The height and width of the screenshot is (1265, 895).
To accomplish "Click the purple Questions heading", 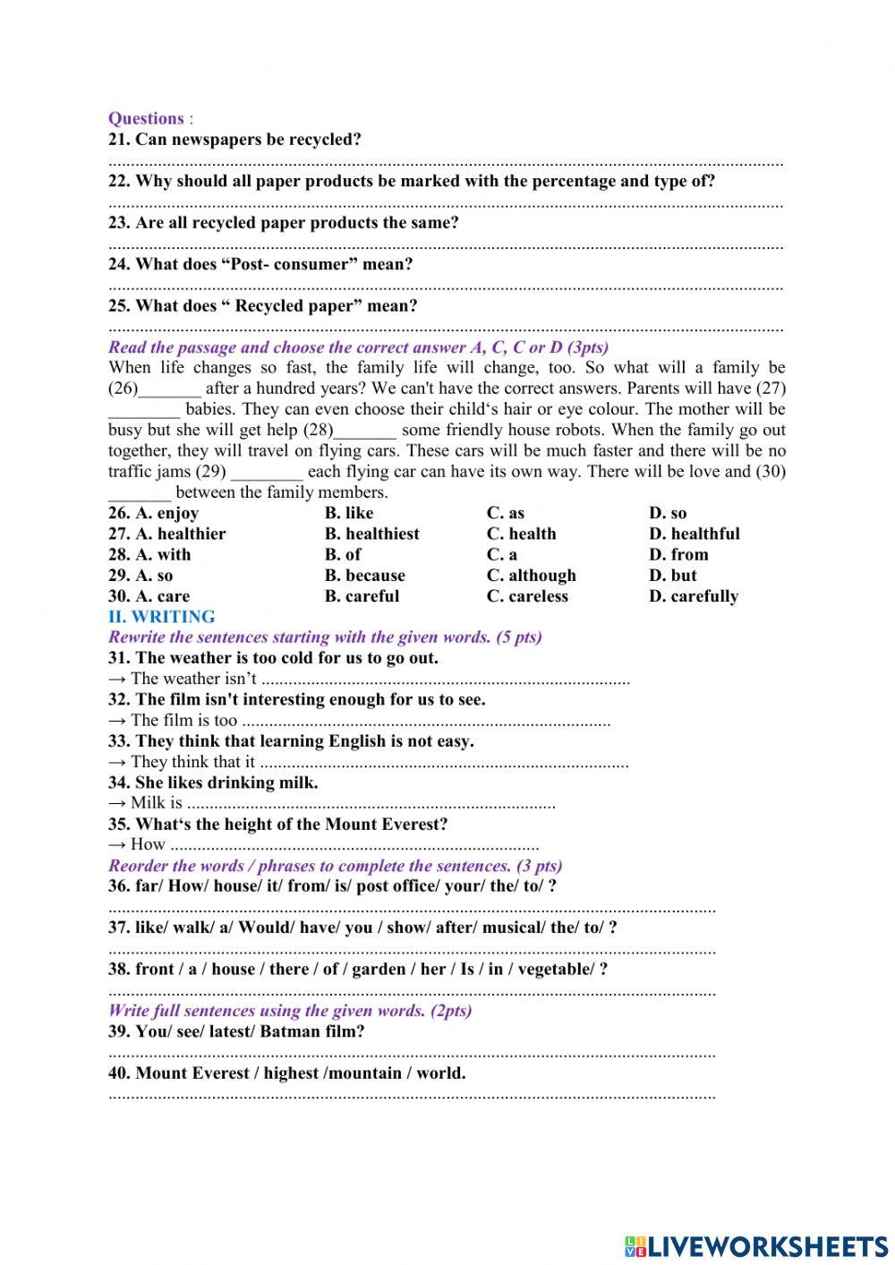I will pos(146,118).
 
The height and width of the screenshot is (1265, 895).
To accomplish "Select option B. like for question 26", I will pos(349,513).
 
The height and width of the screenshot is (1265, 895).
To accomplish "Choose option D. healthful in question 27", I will pos(694,534).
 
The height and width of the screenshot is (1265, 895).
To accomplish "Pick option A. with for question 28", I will pos(149,554).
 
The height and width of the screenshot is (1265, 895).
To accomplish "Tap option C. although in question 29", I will pos(531,576).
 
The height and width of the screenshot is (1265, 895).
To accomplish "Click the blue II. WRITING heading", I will pos(161,617).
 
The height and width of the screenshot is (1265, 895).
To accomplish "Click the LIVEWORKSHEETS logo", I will pos(755,1245).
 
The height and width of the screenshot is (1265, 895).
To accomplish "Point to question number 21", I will pos(119,140).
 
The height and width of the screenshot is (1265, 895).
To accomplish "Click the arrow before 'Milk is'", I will pos(116,803).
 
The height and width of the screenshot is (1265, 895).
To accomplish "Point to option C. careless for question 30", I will pos(527,596).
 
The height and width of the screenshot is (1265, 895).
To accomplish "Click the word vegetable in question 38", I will pos(555,969).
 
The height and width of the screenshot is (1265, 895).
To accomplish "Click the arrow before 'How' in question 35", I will pos(116,844).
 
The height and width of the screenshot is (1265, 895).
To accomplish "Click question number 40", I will pos(119,1073).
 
